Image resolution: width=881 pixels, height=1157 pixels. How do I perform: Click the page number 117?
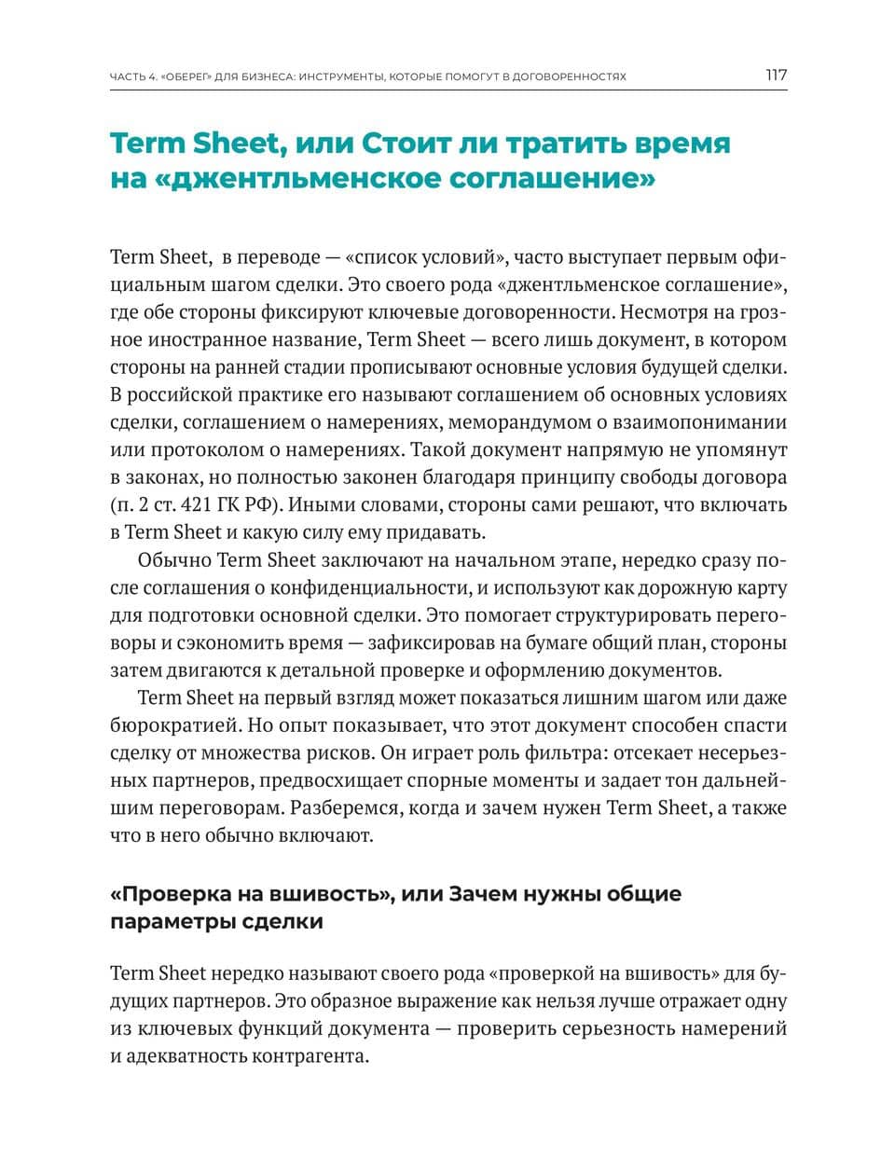click(x=776, y=76)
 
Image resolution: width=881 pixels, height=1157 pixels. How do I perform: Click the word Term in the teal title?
click(x=149, y=145)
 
